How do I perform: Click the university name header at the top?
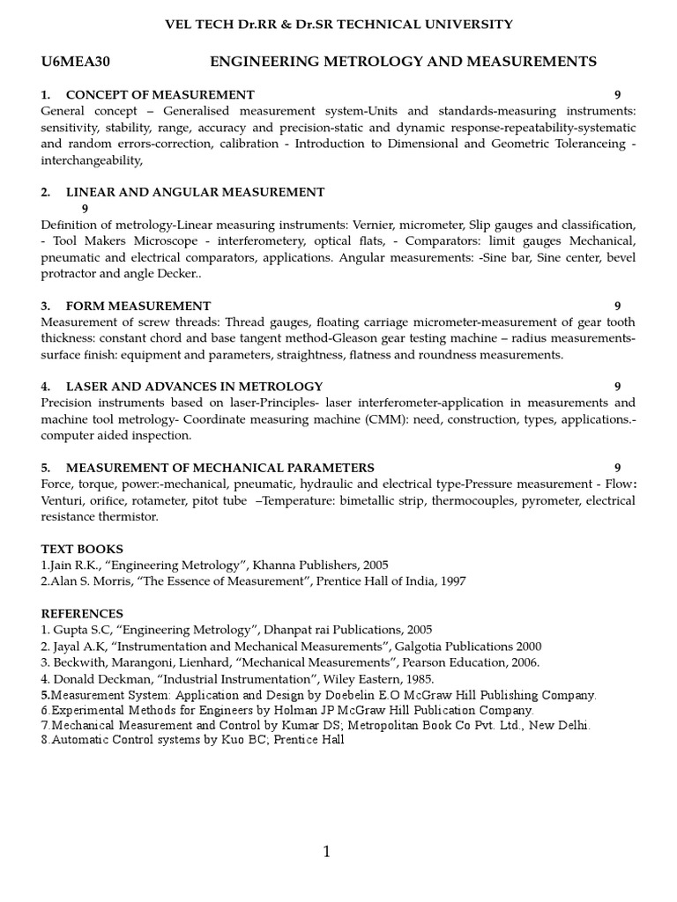pyautogui.click(x=338, y=25)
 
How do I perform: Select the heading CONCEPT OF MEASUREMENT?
pyautogui.click(x=160, y=94)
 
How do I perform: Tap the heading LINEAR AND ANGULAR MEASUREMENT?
pyautogui.click(x=195, y=192)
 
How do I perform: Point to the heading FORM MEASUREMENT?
pyautogui.click(x=138, y=306)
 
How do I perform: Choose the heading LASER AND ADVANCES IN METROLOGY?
pyautogui.click(x=194, y=386)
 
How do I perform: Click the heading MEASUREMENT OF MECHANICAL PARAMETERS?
pyautogui.click(x=219, y=467)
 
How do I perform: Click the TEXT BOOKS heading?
pyautogui.click(x=82, y=549)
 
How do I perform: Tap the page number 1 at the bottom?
pyautogui.click(x=326, y=851)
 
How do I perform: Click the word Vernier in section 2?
pyautogui.click(x=370, y=225)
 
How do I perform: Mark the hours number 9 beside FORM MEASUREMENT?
pyautogui.click(x=618, y=306)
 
